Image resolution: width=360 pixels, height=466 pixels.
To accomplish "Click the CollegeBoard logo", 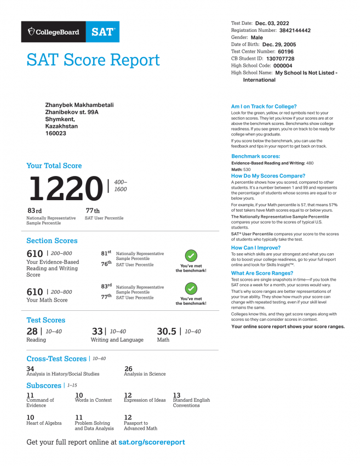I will point(53,32).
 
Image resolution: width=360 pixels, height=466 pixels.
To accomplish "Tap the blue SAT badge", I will point(102,32).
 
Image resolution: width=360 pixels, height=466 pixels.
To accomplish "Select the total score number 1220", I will point(65,189).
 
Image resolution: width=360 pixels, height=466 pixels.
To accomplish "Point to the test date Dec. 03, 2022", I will point(272,23).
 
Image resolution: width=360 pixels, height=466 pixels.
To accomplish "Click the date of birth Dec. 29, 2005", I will point(279,44).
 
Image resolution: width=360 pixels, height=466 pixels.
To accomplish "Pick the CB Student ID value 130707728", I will point(280,59).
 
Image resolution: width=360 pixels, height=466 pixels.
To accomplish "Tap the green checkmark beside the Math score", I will point(191,288).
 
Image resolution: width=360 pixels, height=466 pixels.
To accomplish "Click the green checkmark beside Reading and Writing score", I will point(191,255).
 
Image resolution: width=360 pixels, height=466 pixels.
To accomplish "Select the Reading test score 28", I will point(32,332).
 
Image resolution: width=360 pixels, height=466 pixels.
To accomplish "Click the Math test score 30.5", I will point(167,332).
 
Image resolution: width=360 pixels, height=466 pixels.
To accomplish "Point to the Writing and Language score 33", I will point(97,332).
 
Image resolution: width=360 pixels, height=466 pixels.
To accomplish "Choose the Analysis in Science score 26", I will point(128,369).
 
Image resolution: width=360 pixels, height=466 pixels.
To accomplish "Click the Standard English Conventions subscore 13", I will point(176,395).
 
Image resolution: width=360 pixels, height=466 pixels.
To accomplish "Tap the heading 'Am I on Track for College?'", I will point(264,106).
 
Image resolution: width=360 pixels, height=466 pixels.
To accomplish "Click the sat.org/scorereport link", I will point(152,442).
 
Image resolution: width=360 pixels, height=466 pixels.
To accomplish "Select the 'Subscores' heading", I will point(44,385).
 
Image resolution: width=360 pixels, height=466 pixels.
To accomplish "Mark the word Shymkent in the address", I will point(60,119).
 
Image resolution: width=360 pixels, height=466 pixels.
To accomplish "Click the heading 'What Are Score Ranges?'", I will point(262,273).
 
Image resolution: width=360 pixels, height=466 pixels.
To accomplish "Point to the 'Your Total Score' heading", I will point(54,166).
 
